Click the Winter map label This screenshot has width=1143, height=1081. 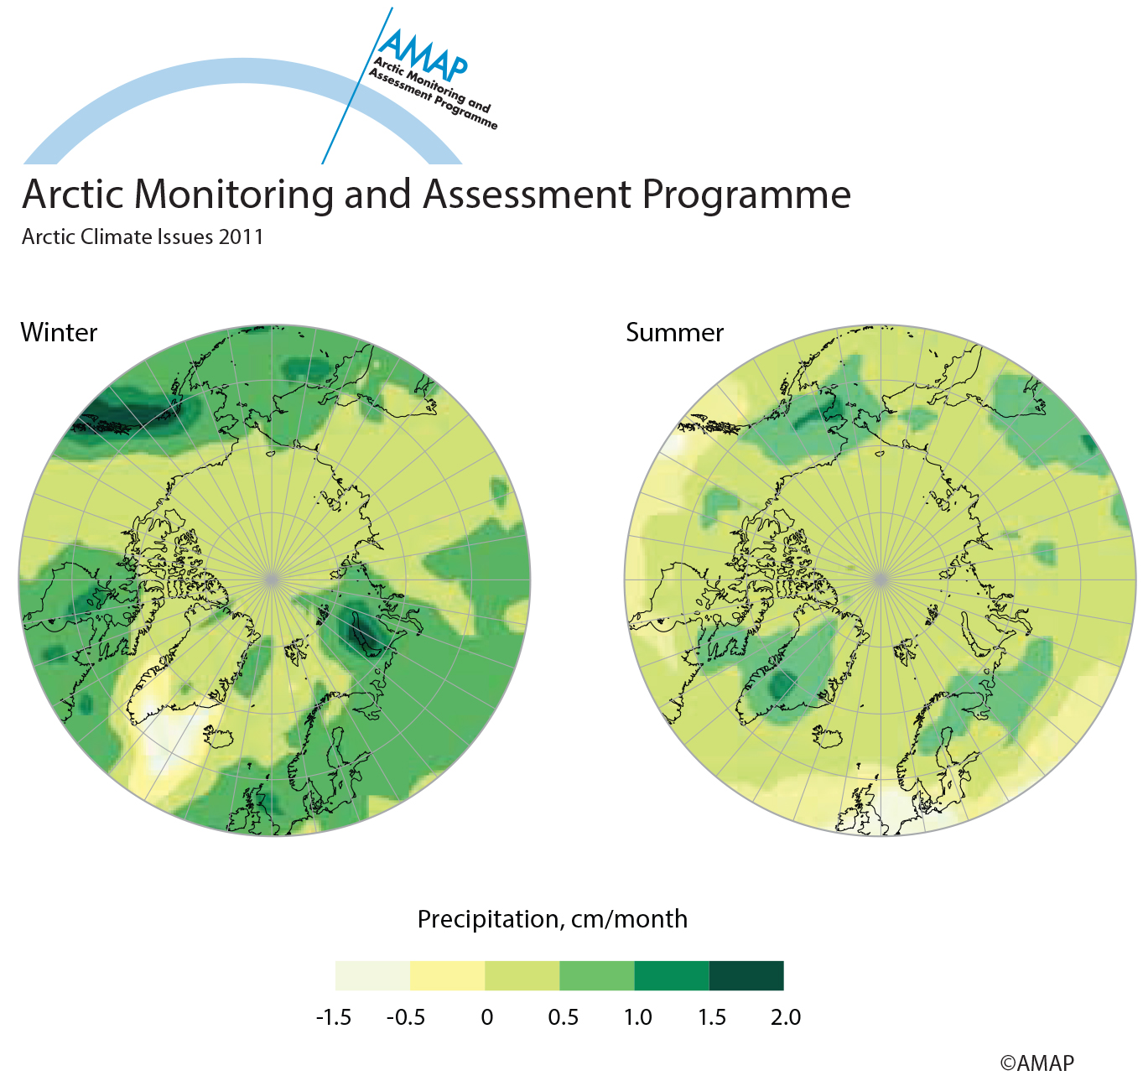[x=59, y=333]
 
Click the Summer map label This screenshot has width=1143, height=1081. [x=674, y=333]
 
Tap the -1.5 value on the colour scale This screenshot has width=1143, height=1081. [x=334, y=1017]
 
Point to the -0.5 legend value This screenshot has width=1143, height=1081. [x=406, y=1017]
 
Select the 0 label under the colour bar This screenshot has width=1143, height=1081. [x=487, y=1017]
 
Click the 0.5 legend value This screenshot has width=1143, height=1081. [x=563, y=1017]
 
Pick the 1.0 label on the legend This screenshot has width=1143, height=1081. [x=638, y=1017]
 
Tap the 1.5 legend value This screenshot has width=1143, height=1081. [x=712, y=1017]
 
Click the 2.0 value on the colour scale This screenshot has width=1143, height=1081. [x=786, y=1017]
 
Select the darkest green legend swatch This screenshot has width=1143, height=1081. [x=746, y=975]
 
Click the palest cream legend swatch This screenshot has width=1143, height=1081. [x=372, y=975]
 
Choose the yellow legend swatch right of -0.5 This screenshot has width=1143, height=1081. [x=448, y=975]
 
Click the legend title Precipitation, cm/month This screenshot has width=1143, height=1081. [x=553, y=919]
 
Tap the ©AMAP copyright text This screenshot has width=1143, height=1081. [x=1036, y=1063]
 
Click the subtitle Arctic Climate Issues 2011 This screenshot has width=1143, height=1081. [x=143, y=236]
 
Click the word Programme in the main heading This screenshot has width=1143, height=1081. [x=746, y=195]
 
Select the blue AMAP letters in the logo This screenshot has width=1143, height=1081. [x=424, y=55]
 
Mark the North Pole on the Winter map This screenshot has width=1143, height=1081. [x=272, y=579]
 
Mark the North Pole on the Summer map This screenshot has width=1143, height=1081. [x=881, y=579]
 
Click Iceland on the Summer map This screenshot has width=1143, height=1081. [x=829, y=737]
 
